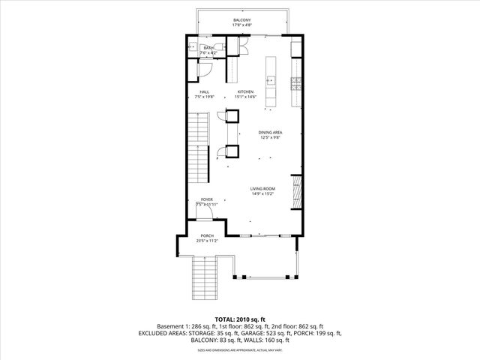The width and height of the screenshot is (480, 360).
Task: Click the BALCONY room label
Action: point(241,19)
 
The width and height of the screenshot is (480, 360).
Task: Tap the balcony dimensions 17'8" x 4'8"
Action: point(241,25)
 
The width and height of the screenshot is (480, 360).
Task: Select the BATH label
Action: point(208,48)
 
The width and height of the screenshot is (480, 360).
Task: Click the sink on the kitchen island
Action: point(270,79)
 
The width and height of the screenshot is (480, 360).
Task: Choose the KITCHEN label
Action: point(246,91)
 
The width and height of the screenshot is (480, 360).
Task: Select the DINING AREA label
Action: point(270,133)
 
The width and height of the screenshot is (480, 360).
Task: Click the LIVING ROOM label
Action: point(262,189)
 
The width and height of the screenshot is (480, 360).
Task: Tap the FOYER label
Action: point(205,199)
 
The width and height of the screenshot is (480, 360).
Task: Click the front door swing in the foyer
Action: point(214,212)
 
